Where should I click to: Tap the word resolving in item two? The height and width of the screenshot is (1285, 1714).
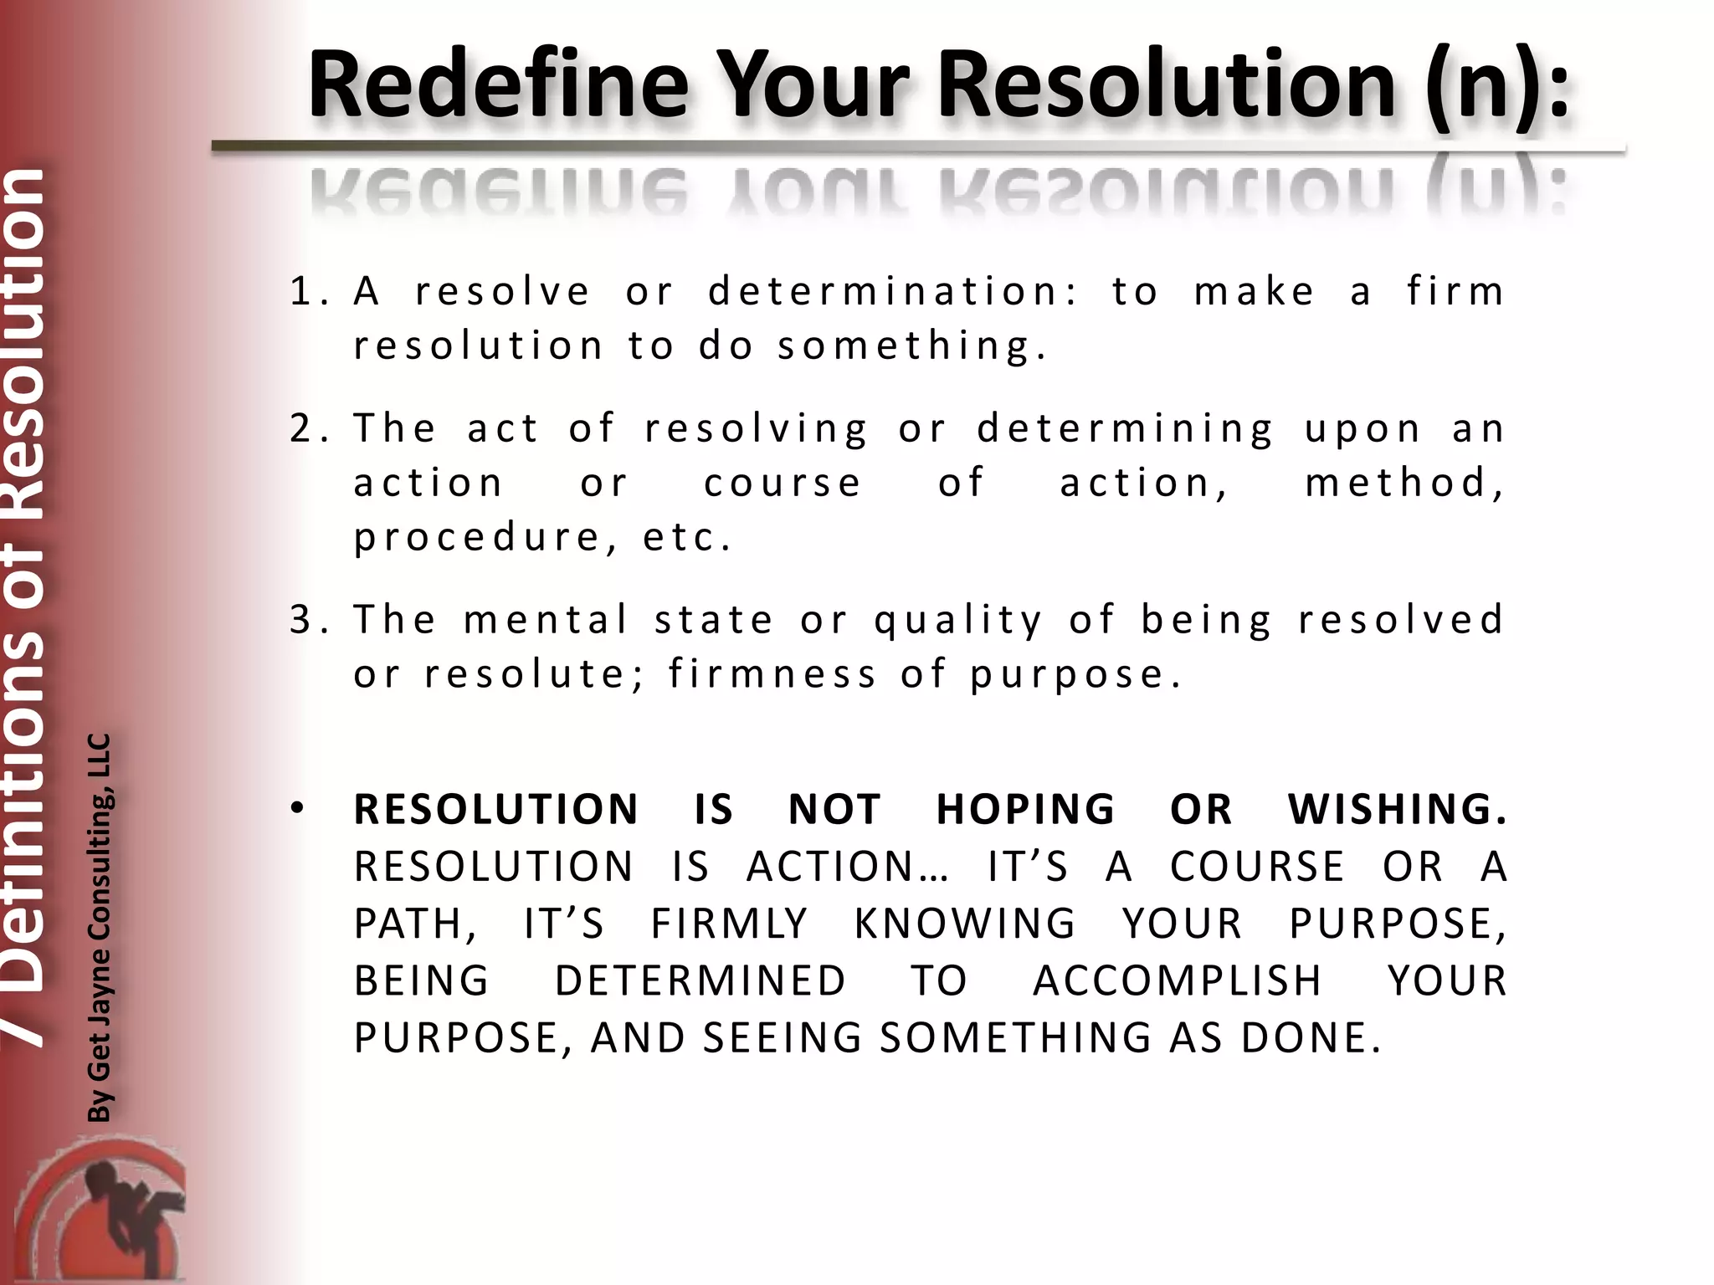click(757, 429)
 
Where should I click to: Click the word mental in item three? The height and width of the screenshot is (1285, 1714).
click(546, 620)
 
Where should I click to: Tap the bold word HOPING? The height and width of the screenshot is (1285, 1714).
click(1025, 810)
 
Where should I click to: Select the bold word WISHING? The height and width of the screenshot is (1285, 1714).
click(1396, 810)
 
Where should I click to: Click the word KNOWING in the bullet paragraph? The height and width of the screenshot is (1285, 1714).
click(965, 924)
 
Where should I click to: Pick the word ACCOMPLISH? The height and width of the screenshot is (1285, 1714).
click(1177, 981)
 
